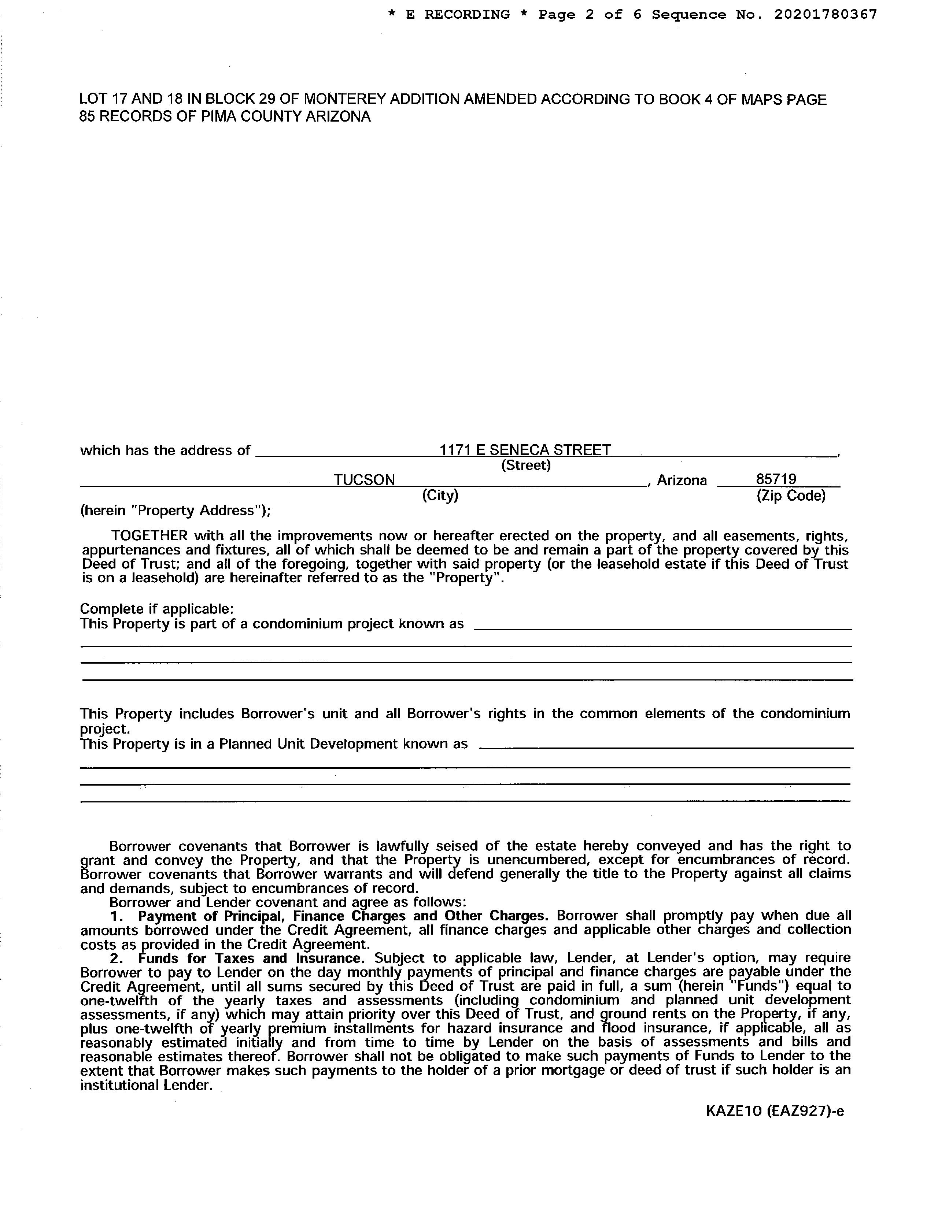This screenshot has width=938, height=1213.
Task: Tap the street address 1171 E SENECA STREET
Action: (x=525, y=449)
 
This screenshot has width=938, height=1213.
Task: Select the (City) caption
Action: (x=440, y=494)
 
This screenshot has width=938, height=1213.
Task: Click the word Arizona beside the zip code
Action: (x=682, y=481)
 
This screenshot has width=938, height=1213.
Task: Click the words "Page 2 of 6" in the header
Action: (x=590, y=14)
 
